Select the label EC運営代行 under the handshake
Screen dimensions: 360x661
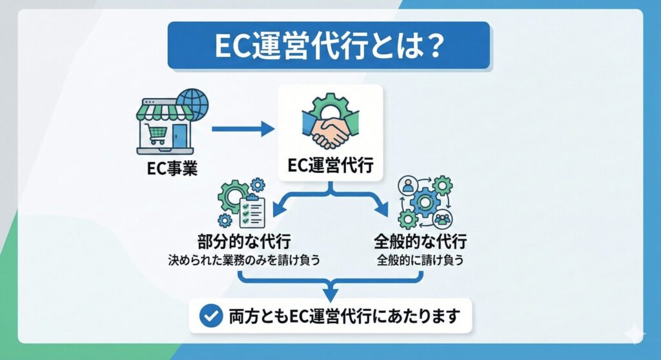point(330,166)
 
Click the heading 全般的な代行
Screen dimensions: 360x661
point(420,243)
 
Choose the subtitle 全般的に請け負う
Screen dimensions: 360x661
point(420,262)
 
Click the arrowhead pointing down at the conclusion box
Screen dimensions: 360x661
point(330,296)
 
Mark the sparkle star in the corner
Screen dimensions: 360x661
point(634,333)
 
